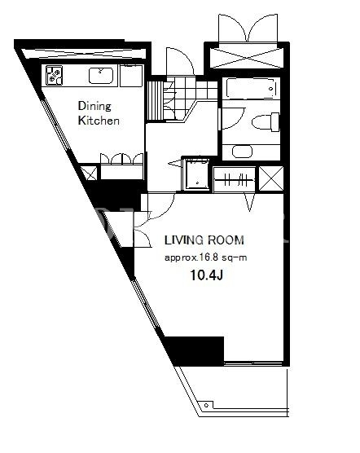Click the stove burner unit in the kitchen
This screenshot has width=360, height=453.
tap(54, 76)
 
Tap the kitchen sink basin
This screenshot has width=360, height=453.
tap(100, 76)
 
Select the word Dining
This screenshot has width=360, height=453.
tap(94, 107)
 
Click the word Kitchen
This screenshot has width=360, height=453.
tap(99, 121)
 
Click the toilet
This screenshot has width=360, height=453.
tap(266, 122)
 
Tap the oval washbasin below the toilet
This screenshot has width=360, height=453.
tap(242, 152)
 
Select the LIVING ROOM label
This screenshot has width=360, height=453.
tap(204, 240)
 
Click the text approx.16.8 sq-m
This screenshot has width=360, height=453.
tap(205, 257)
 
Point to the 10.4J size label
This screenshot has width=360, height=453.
tap(206, 276)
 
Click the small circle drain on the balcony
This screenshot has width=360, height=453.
tap(206, 405)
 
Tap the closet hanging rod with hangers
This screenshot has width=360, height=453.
tap(234, 180)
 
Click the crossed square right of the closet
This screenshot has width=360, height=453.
tap(271, 178)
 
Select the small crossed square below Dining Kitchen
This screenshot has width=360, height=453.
tap(89, 173)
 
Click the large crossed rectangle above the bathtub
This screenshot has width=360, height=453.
tap(246, 59)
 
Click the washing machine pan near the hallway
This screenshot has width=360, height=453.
tap(197, 175)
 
